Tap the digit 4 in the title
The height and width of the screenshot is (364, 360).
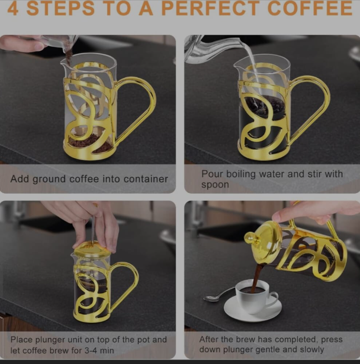pos(12,8)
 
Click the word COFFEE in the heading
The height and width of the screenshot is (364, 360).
pos(310,8)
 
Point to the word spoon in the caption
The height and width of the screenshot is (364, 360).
pos(215,185)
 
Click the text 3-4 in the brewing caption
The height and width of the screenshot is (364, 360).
pos(91,350)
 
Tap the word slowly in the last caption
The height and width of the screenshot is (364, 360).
pos(312,350)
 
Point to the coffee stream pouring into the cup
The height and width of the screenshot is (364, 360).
pos(256,277)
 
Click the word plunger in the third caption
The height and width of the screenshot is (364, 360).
pos(50,340)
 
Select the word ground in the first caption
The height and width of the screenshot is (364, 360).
pos(49,179)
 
